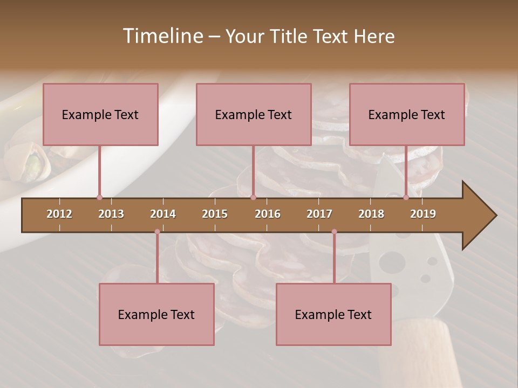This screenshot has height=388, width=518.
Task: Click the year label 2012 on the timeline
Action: [x=59, y=214]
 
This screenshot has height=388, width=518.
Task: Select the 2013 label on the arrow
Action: [x=111, y=214]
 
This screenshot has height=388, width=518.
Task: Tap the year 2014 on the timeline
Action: [x=163, y=214]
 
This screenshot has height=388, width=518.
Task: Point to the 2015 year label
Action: [x=215, y=214]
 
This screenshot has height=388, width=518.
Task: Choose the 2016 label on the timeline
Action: [x=268, y=214]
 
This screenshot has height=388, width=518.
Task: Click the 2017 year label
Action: [x=319, y=214]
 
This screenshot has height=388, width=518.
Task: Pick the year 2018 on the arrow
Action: [x=371, y=214]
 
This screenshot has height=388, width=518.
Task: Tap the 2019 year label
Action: [x=423, y=214]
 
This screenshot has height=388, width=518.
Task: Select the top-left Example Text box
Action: [x=100, y=115]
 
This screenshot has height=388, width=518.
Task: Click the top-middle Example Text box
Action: [x=254, y=115]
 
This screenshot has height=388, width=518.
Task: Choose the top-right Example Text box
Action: [x=407, y=115]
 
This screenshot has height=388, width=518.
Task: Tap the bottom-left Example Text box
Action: [x=156, y=315]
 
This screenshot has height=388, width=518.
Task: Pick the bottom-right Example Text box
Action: [x=333, y=315]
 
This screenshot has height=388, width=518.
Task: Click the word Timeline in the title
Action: [x=162, y=36]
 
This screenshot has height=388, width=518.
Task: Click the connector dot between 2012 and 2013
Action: [x=99, y=198]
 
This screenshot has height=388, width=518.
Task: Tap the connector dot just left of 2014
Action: [x=157, y=232]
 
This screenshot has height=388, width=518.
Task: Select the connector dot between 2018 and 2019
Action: [x=406, y=198]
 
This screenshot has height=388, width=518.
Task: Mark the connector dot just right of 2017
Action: [x=334, y=232]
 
